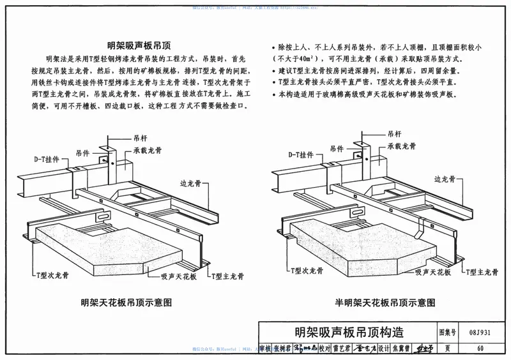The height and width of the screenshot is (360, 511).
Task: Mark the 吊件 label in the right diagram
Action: pos(342,149)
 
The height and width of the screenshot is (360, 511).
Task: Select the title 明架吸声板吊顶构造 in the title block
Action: pos(349,333)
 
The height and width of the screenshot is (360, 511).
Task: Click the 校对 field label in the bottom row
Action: pos(324,349)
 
